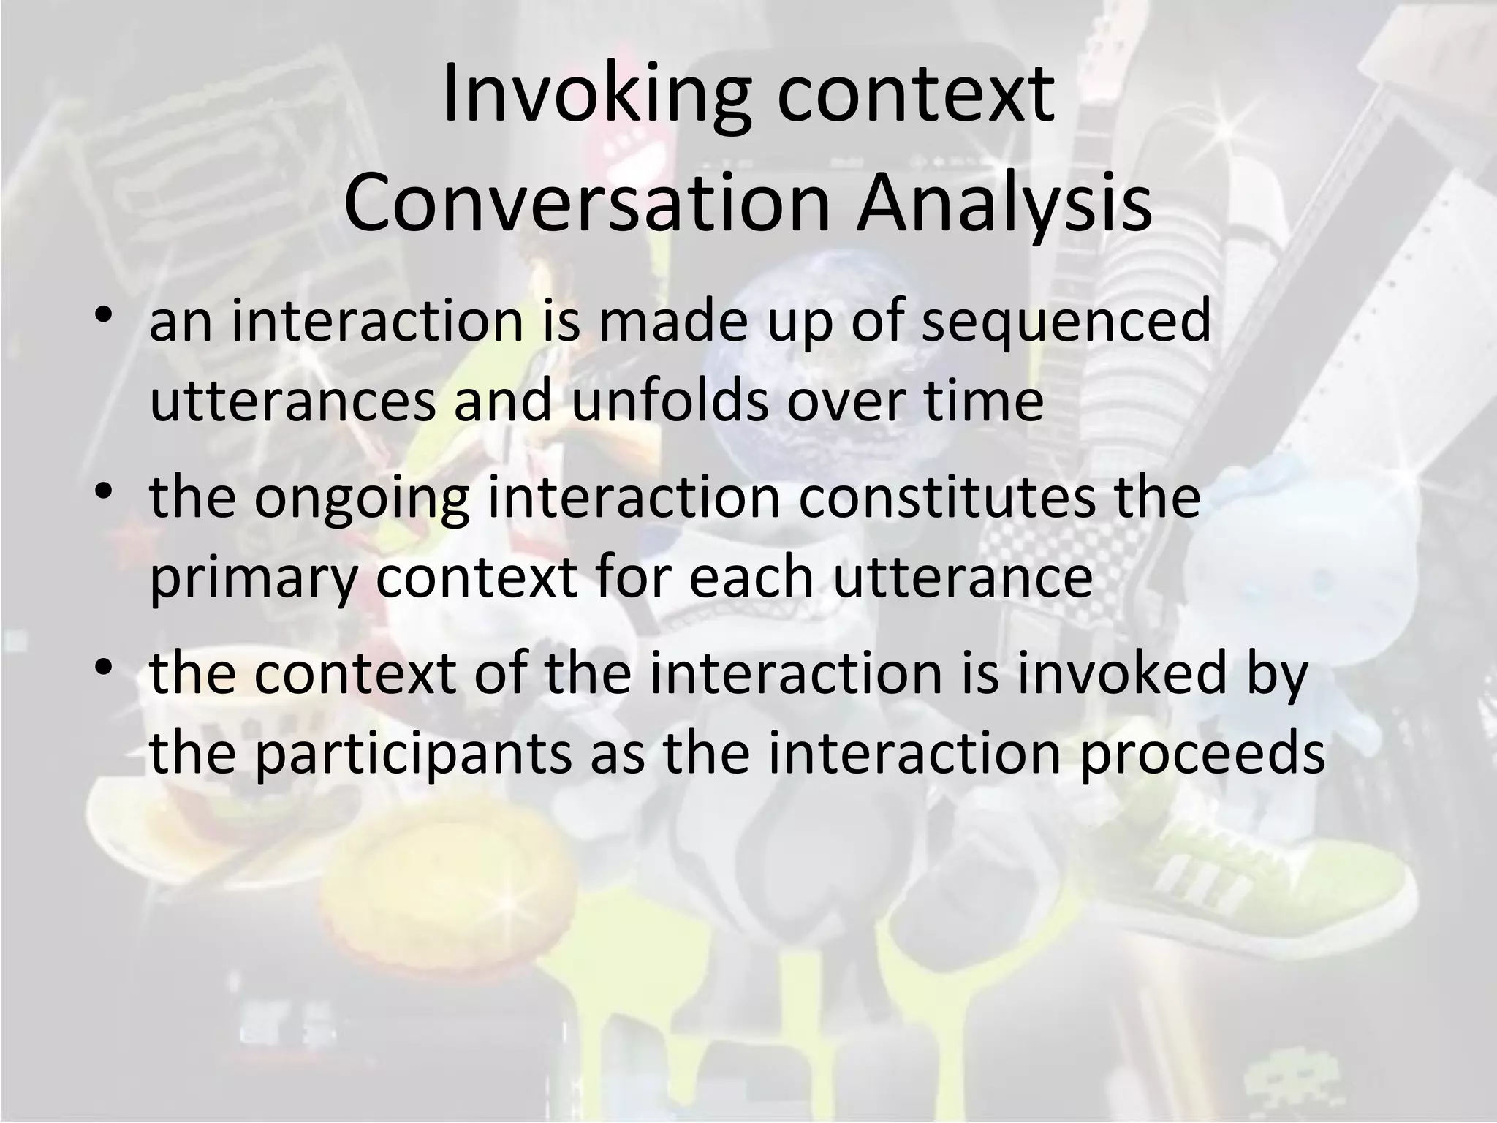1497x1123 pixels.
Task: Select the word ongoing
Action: [x=361, y=499]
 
